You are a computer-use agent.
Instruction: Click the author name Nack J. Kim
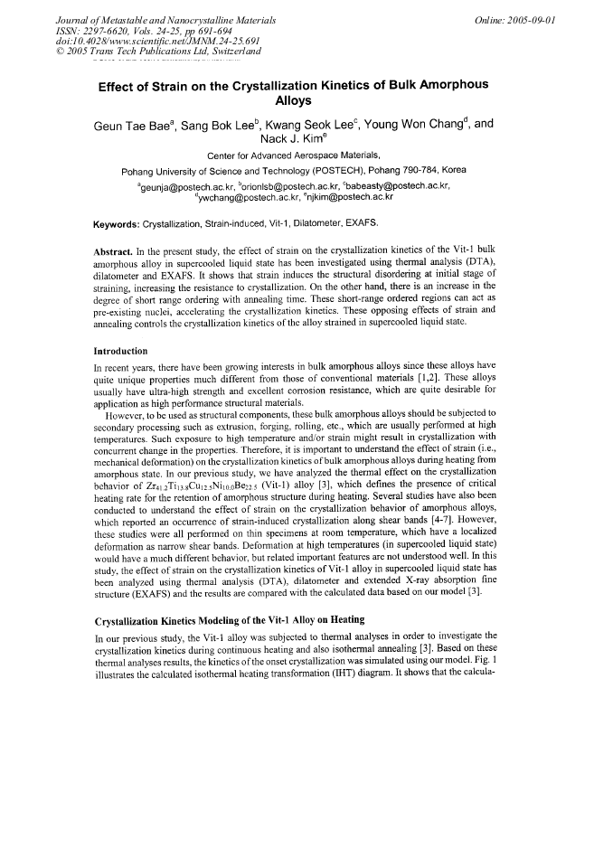291,140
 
